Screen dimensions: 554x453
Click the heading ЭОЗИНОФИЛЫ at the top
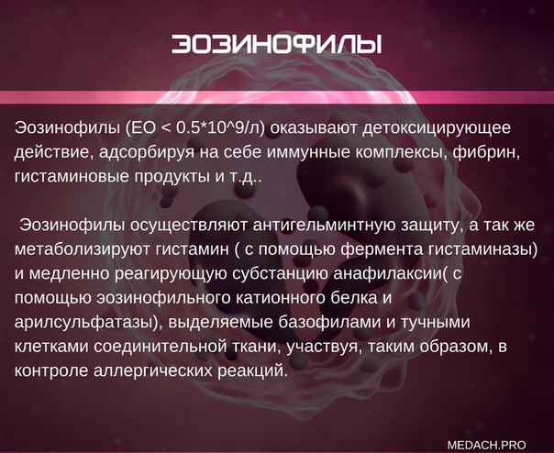277,45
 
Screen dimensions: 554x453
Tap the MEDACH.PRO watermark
486,444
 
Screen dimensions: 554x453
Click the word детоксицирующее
437,128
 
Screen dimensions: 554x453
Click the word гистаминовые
72,176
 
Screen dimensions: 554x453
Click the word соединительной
160,347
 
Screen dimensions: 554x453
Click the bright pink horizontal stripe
277,97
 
